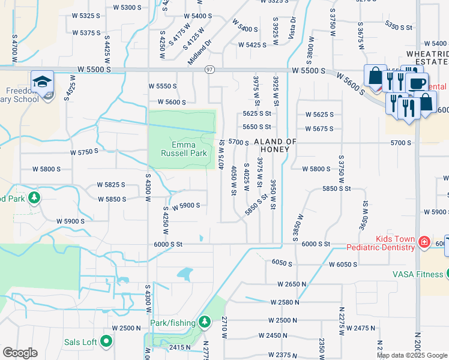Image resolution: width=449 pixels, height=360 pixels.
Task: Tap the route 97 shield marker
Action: coord(209,70)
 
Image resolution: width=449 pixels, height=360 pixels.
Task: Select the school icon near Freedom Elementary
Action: coord(42,82)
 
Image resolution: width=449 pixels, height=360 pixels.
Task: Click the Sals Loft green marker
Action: coord(107,342)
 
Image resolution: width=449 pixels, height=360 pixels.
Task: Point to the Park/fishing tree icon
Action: coord(205,323)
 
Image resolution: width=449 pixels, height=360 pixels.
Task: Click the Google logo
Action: coord(20,353)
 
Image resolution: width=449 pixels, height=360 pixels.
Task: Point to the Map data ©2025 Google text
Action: coord(412,355)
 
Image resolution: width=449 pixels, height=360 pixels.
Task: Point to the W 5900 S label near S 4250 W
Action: coord(185,206)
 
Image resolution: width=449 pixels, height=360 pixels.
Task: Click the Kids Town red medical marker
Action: coord(424,242)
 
